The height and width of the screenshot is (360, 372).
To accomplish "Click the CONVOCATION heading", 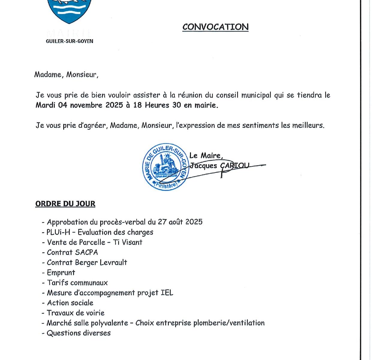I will click(215, 27).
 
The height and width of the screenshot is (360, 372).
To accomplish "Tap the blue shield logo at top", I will click(70, 10).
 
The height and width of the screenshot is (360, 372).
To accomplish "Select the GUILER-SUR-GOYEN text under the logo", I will click(70, 41).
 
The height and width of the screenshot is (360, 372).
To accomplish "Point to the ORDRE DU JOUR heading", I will click(65, 204).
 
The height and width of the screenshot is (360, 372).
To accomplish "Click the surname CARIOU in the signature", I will click(234, 166).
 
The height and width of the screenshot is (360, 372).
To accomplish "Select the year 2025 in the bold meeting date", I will click(114, 105).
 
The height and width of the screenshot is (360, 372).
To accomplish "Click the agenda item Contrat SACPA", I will click(72, 252).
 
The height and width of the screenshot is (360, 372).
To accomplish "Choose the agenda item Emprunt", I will click(61, 273).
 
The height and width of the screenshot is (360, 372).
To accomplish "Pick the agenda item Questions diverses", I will click(79, 333).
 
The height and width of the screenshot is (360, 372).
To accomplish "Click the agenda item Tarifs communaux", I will click(77, 283).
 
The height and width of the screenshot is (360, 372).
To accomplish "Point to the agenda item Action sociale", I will click(70, 303).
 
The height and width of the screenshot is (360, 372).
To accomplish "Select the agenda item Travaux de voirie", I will click(76, 313).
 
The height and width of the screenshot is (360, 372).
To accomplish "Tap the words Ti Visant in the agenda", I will click(127, 242).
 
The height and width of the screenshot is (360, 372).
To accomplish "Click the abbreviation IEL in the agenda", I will click(167, 293).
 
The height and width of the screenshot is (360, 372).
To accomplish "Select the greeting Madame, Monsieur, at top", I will click(66, 74).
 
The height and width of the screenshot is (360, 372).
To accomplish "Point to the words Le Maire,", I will click(206, 155).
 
